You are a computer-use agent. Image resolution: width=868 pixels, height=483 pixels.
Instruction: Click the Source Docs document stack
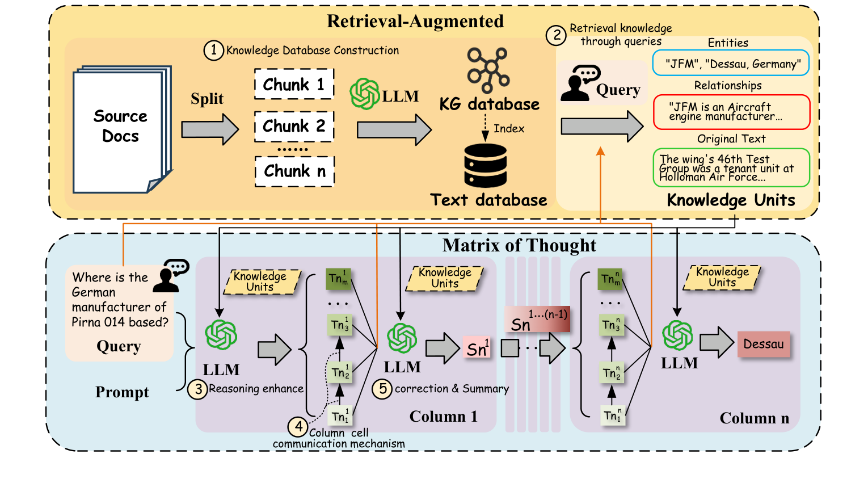pos(121,129)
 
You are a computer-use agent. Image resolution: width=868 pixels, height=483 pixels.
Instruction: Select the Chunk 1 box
pos(294,85)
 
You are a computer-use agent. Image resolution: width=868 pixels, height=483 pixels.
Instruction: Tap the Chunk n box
pos(294,171)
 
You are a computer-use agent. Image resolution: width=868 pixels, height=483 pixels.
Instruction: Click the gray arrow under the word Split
pos(210,129)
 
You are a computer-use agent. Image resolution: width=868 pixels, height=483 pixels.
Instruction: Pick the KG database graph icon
pos(488,70)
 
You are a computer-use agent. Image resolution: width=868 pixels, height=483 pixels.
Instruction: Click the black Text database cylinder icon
pos(485,165)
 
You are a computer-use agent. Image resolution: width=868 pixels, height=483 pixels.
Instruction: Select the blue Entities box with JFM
pos(731,64)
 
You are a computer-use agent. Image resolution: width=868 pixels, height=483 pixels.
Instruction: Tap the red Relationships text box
pos(731,112)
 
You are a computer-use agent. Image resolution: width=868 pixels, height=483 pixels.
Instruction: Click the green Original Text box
pos(731,167)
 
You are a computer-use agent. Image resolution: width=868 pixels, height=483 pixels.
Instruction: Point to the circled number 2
pos(557,36)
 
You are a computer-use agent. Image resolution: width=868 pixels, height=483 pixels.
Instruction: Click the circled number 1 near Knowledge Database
pos(213,51)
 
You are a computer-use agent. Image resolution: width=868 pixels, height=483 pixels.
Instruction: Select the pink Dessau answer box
pos(763,344)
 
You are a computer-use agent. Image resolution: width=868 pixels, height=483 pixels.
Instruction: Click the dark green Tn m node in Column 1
pos(339,279)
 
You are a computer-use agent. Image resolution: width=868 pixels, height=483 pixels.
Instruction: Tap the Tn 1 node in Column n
pos(612,415)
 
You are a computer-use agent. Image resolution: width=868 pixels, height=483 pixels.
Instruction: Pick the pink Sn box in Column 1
pos(477,348)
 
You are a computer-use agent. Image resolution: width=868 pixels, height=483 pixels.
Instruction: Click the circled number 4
pos(298,426)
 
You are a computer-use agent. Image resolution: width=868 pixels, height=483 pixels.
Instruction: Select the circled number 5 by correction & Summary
pos(382,389)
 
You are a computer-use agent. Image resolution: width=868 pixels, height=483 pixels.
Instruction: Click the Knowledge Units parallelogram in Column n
pos(722,278)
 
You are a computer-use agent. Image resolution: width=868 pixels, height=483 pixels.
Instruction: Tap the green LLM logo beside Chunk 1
pos(364,94)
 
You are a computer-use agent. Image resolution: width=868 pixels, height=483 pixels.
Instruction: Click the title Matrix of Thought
pos(519,245)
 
